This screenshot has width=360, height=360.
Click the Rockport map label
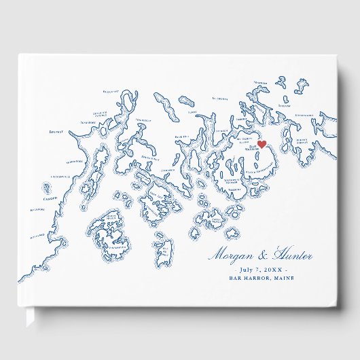coord(40,210)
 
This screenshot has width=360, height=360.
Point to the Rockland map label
coord(38,236)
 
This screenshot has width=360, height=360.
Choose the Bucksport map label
coord(110,90)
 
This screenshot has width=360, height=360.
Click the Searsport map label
coord(88,123)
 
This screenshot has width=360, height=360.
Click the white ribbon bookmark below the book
coord(29,317)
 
